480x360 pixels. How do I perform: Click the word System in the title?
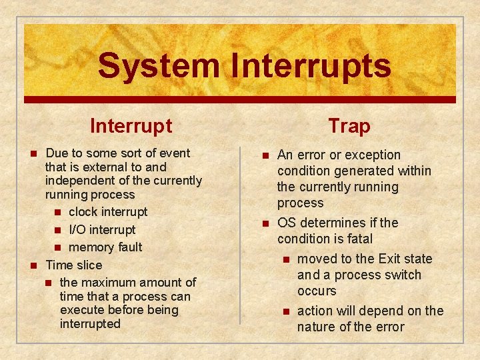158,66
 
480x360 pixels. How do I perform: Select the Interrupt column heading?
131,125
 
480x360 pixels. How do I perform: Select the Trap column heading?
349,125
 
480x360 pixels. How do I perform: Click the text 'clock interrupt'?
108,212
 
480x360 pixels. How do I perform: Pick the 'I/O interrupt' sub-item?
102,229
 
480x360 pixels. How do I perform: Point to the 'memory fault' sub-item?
105,247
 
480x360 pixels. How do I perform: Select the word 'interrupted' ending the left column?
90,324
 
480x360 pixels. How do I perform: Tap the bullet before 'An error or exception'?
265,155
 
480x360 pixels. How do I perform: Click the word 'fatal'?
359,239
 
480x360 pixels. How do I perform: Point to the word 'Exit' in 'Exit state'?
390,259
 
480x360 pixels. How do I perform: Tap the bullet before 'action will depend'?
285,311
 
